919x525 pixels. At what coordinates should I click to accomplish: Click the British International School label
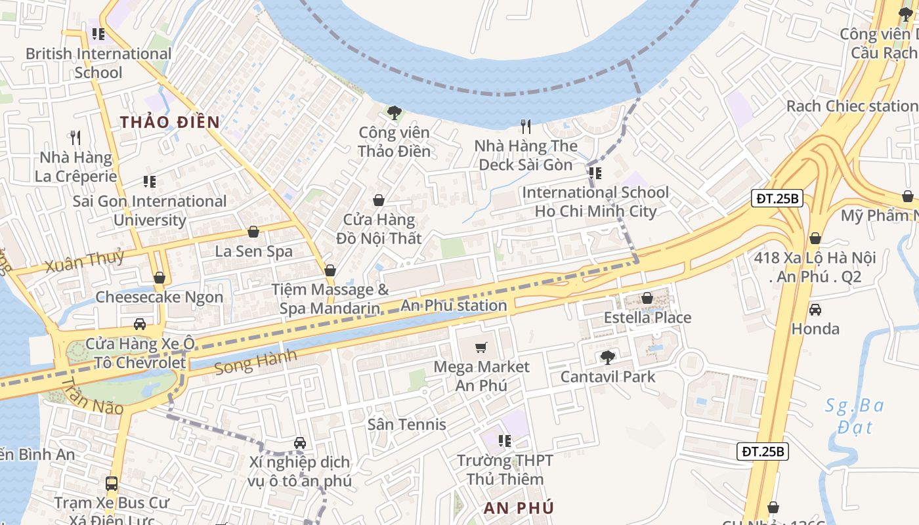click(x=98, y=63)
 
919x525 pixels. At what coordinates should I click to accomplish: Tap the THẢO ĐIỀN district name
click(x=170, y=122)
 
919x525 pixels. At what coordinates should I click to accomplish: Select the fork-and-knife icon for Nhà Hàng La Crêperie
click(x=75, y=138)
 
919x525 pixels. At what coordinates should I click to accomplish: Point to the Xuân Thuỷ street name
click(x=85, y=261)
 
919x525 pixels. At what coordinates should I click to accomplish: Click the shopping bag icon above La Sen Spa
click(x=253, y=232)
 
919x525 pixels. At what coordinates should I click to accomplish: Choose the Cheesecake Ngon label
click(x=160, y=297)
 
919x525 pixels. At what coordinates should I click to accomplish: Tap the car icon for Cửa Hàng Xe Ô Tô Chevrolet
click(x=140, y=324)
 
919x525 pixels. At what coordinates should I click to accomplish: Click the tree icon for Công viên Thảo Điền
click(x=394, y=113)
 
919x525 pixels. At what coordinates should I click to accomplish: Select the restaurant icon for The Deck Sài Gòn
click(x=525, y=126)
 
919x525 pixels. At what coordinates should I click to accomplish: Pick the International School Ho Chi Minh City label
click(x=595, y=202)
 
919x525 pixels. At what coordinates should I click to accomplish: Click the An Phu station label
click(x=454, y=306)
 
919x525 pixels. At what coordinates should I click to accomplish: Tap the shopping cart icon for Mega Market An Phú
click(x=482, y=347)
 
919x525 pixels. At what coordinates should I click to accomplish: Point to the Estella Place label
click(x=647, y=318)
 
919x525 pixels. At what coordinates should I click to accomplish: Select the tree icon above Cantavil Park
click(x=608, y=357)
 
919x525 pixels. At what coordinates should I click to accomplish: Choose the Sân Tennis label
click(x=406, y=425)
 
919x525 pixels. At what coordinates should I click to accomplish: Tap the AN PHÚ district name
click(x=519, y=508)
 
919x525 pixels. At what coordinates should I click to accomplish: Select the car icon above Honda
click(x=815, y=309)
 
